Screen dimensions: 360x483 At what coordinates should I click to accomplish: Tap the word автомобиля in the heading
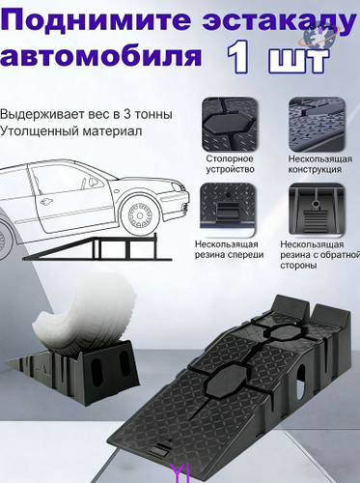click(x=101, y=56)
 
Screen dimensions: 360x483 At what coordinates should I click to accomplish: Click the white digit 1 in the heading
click(x=238, y=57)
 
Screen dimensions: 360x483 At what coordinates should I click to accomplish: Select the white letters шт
click(x=298, y=60)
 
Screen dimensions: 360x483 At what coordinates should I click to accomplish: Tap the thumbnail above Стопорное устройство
click(x=230, y=124)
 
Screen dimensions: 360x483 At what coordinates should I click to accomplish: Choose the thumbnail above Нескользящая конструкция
click(x=317, y=124)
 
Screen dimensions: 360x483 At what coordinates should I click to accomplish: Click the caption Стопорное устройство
click(x=230, y=164)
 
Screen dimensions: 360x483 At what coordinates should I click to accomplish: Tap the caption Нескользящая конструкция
click(x=319, y=164)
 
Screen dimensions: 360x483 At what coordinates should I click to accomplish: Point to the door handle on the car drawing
click(x=45, y=202)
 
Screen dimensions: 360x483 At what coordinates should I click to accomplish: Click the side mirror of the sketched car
click(x=94, y=182)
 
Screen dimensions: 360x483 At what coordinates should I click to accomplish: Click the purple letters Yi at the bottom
click(x=181, y=474)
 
